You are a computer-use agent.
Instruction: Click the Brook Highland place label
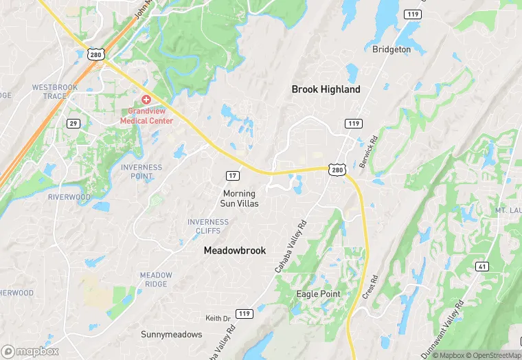326,89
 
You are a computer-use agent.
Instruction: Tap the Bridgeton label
391,49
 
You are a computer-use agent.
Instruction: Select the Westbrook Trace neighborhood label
49,91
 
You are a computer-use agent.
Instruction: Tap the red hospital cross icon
146,100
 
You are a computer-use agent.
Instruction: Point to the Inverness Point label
141,172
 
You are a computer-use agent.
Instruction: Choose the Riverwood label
69,197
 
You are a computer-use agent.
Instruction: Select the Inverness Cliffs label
208,227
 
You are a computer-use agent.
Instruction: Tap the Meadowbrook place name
234,251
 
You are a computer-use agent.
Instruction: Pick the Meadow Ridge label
156,280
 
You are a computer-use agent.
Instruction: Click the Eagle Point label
318,294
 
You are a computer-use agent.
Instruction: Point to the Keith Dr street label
218,318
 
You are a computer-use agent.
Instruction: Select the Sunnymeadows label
172,335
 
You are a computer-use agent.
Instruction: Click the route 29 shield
73,124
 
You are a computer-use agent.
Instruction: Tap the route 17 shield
233,177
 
